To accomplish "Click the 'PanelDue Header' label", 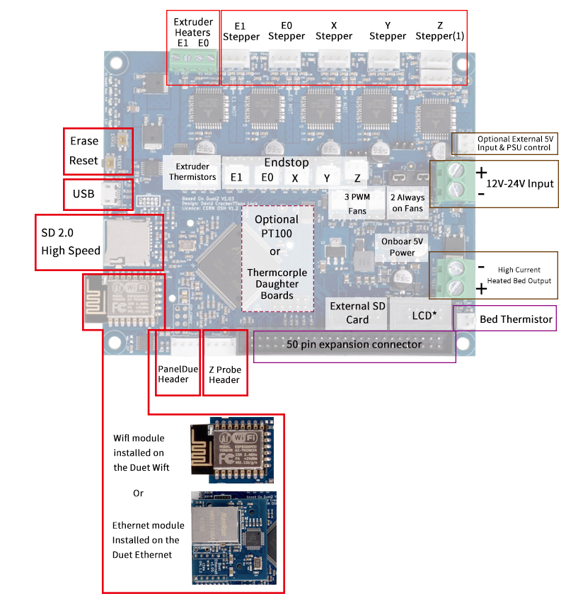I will tap(173, 374).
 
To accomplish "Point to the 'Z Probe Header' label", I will tap(224, 374).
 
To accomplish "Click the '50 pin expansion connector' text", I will tap(354, 345).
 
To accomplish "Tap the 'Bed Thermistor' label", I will tap(515, 319).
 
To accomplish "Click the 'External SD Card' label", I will tap(357, 313).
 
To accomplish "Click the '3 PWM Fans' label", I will tap(357, 204).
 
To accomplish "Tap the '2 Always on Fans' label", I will tap(407, 203).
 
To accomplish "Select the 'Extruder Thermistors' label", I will tap(191, 172).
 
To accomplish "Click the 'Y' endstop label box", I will tap(326, 178).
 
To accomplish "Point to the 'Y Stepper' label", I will tap(388, 30).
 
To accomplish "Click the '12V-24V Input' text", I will tap(520, 183).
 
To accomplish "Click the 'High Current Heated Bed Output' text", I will tap(519, 275).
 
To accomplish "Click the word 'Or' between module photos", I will tap(139, 493).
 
